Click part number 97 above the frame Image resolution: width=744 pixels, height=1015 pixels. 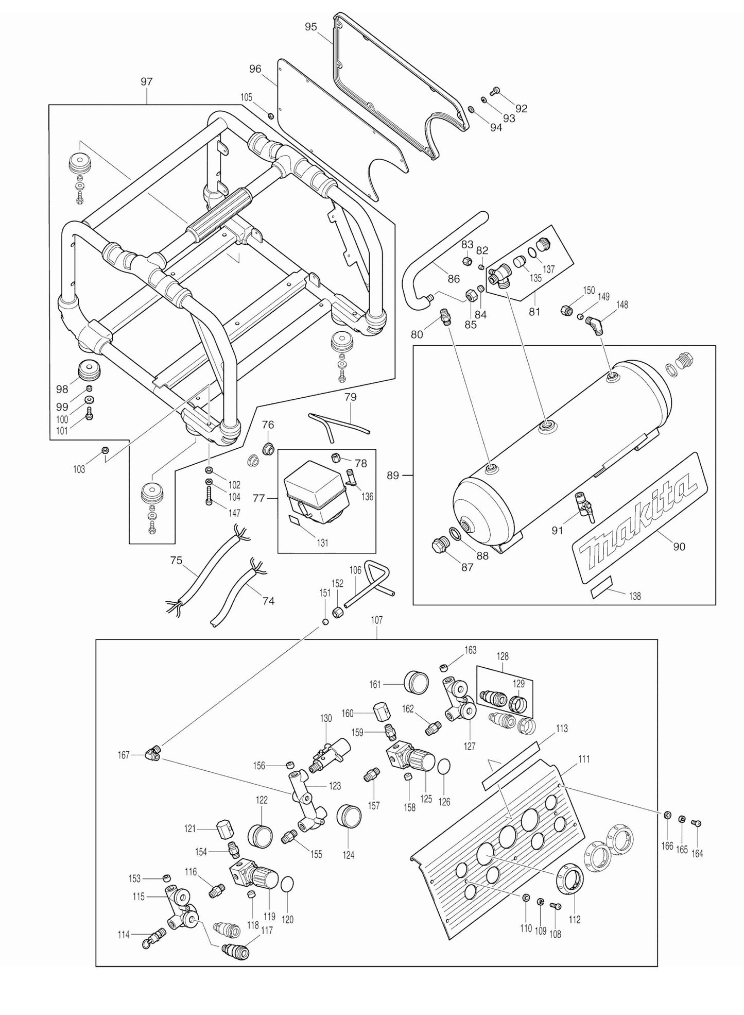click(x=147, y=81)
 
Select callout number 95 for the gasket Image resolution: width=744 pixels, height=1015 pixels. click(x=311, y=27)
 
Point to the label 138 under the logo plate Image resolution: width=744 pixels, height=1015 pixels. click(x=635, y=596)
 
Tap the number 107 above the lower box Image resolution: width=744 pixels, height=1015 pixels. click(x=376, y=620)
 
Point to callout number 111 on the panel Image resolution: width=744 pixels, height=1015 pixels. click(x=584, y=758)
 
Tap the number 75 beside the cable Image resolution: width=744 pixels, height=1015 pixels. click(x=176, y=561)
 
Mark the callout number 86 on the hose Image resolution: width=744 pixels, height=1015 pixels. click(x=453, y=279)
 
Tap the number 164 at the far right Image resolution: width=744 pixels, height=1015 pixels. click(x=697, y=853)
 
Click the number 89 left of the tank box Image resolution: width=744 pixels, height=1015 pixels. click(x=393, y=475)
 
